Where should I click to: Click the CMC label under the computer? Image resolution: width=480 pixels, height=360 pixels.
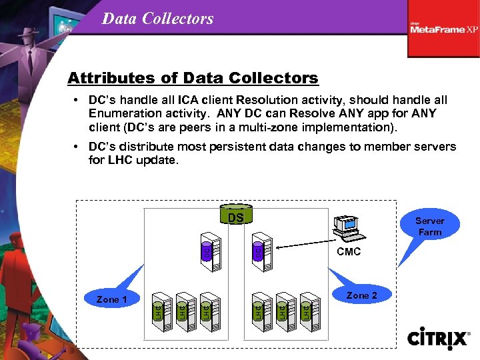click(x=349, y=251)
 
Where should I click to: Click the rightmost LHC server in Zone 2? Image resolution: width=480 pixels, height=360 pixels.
click(x=309, y=310)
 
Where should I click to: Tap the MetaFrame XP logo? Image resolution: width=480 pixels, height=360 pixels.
click(x=444, y=28)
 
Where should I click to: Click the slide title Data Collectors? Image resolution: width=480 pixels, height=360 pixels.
click(x=157, y=18)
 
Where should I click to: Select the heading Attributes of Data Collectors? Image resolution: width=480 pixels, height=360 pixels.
click(x=193, y=78)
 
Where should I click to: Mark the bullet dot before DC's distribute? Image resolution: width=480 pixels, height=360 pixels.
click(x=77, y=147)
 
